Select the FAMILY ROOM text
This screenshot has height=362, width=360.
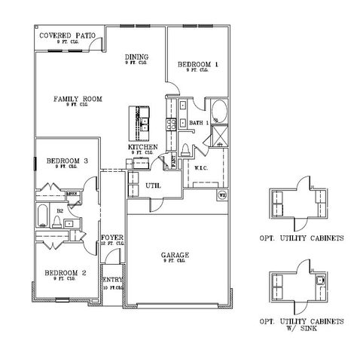coord(78,99)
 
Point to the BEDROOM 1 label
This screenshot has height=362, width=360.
coord(198,65)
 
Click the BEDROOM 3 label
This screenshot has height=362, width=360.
coord(67,161)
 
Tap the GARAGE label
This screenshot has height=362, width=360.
coord(175,256)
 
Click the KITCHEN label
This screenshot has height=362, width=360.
coord(142,147)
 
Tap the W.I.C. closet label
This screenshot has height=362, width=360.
coord(201,167)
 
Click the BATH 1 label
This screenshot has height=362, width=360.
coord(198,122)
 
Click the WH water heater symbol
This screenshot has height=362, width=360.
coord(222,196)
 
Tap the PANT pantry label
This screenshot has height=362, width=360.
coord(175,159)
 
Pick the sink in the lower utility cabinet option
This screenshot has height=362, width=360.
coord(320,281)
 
